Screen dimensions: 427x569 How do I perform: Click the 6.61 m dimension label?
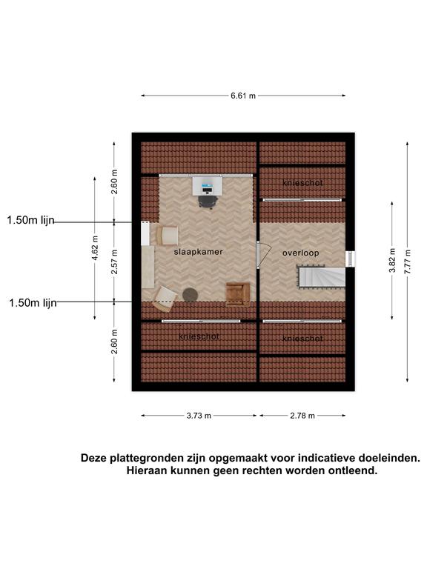pyautogui.click(x=243, y=96)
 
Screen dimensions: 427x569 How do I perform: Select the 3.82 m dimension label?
pyautogui.click(x=392, y=261)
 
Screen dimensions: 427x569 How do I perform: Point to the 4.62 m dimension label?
pyautogui.click(x=95, y=248)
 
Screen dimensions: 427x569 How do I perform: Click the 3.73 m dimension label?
pyautogui.click(x=199, y=416)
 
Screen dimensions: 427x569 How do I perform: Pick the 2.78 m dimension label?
pyautogui.click(x=302, y=416)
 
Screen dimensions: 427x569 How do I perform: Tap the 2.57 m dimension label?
pyautogui.click(x=114, y=262)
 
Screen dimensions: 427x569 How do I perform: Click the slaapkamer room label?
pyautogui.click(x=198, y=252)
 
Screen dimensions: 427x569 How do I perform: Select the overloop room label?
pyautogui.click(x=301, y=253)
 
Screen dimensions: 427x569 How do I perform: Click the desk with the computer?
pyautogui.click(x=208, y=185)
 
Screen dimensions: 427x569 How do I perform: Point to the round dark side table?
pyautogui.click(x=190, y=295)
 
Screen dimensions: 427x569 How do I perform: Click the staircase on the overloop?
pyautogui.click(x=321, y=277)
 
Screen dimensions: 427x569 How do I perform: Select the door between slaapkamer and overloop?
pyautogui.click(x=264, y=255)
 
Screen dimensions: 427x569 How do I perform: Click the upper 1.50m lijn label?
pyautogui.click(x=30, y=220)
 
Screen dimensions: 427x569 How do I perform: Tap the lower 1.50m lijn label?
pyautogui.click(x=33, y=302)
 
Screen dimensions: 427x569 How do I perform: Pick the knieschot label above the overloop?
pyautogui.click(x=302, y=183)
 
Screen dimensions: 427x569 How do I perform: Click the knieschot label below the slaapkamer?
pyautogui.click(x=199, y=337)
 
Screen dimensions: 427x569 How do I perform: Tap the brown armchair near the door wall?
pyautogui.click(x=238, y=294)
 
